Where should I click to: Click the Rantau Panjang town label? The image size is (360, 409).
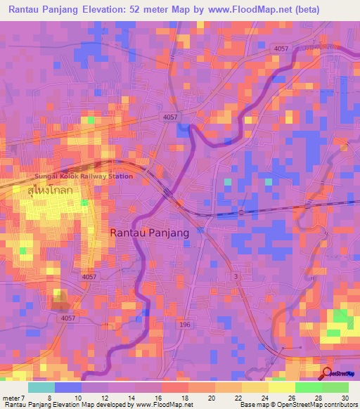coord(150,233)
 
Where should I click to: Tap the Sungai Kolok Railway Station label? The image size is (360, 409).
coord(84,176)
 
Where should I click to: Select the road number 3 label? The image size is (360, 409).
coord(236,277)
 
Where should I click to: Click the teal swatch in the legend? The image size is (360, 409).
coord(41,387)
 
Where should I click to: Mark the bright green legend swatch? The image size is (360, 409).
coord(308,387)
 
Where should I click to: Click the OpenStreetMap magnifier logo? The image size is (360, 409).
coord(328,373)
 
